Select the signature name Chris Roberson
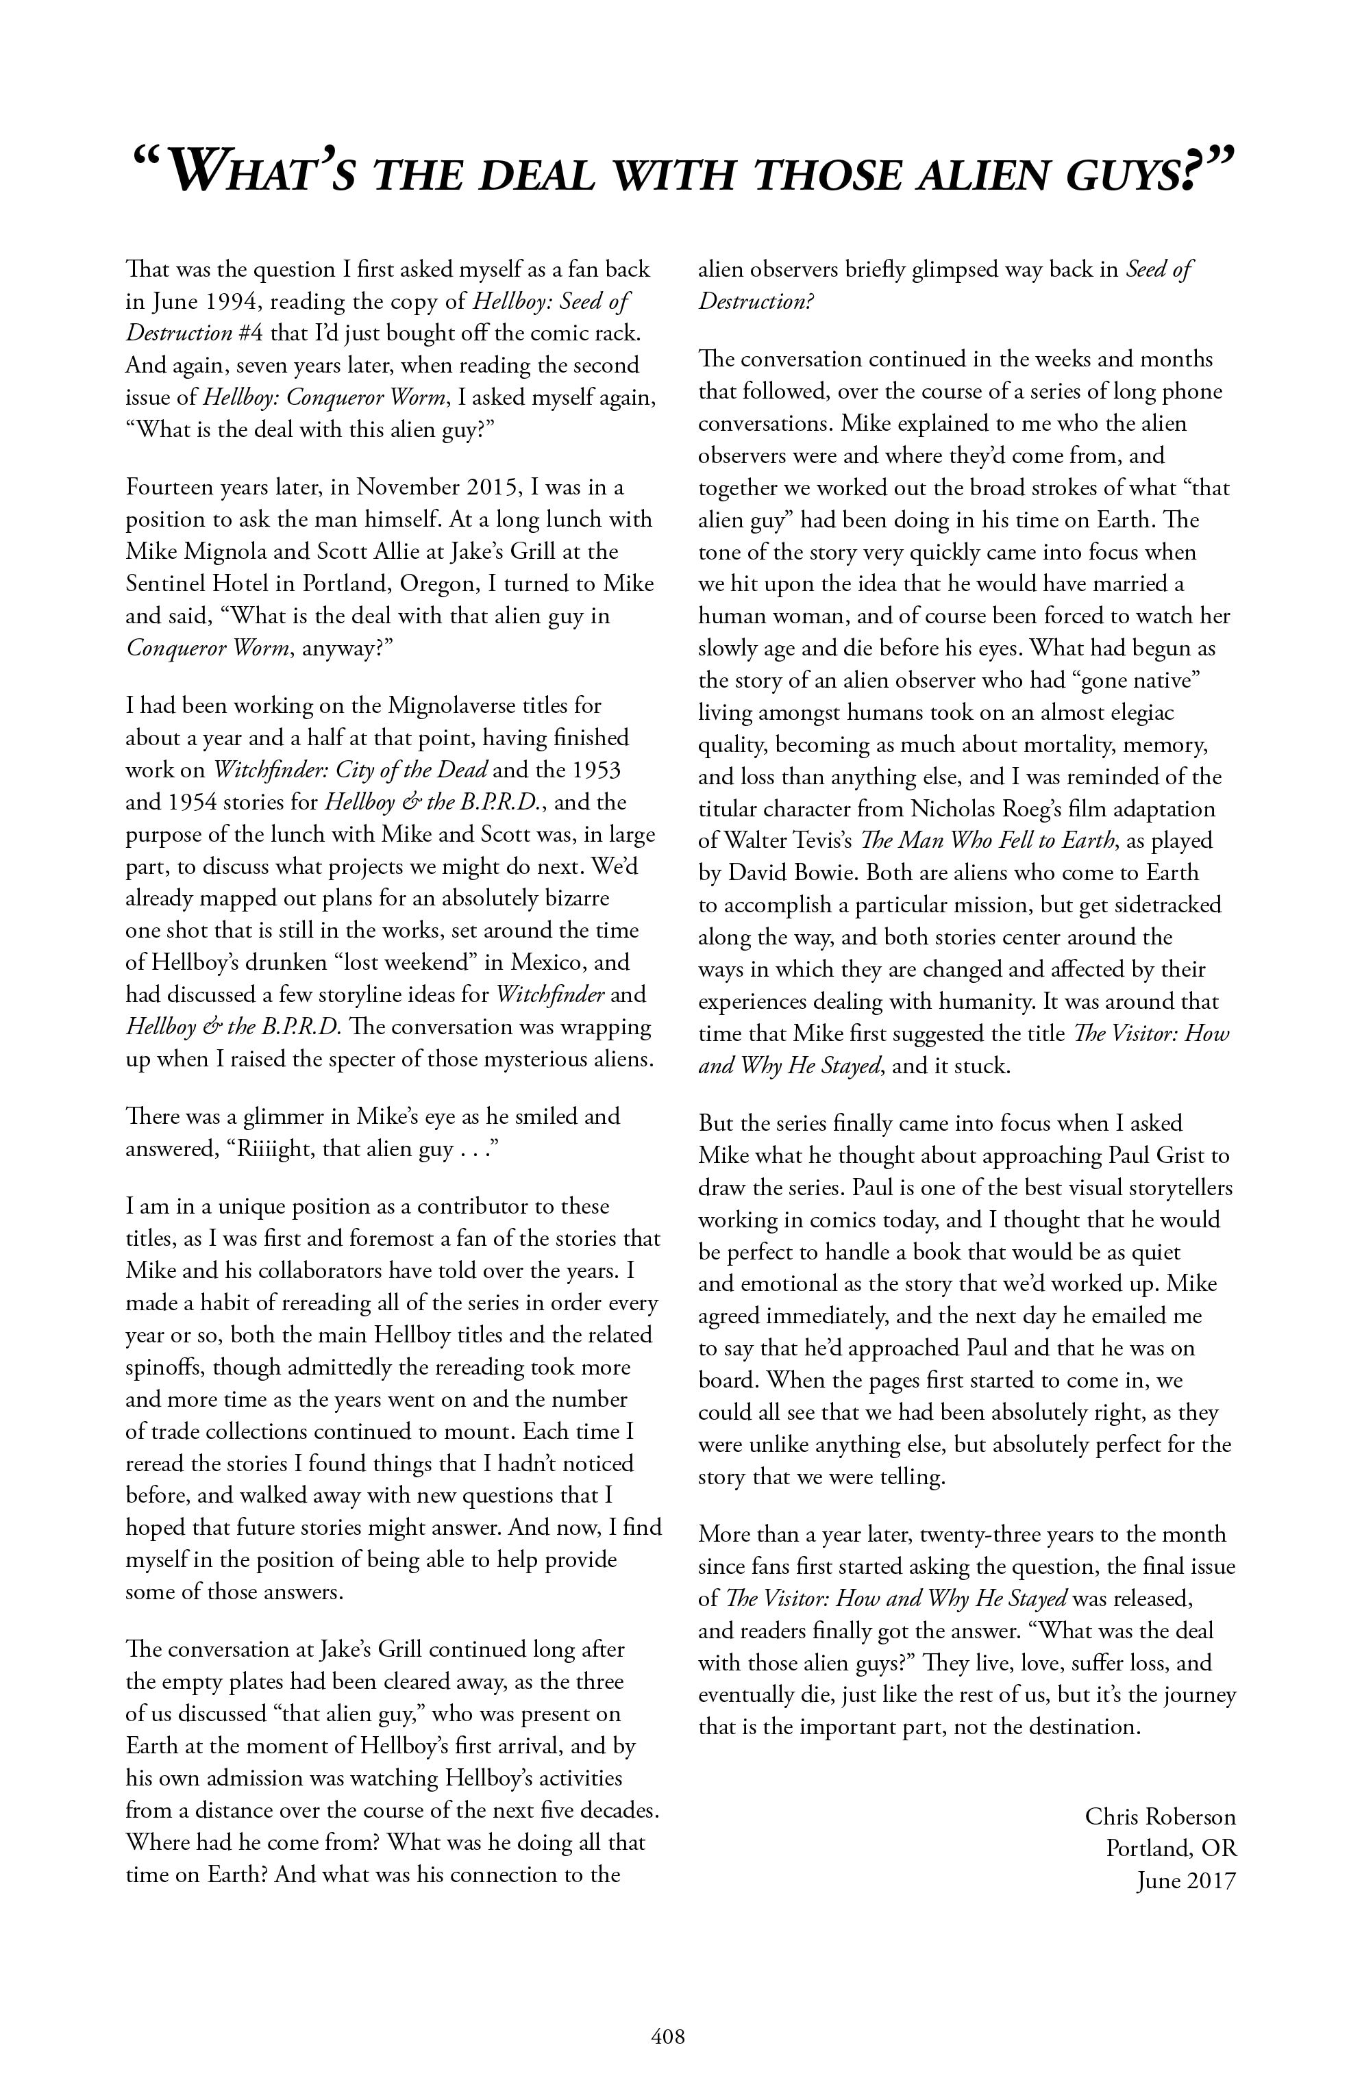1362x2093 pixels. click(x=1160, y=1817)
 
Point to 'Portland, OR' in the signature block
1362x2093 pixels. click(x=1170, y=1848)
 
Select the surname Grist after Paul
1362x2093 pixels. click(x=1186, y=1155)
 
